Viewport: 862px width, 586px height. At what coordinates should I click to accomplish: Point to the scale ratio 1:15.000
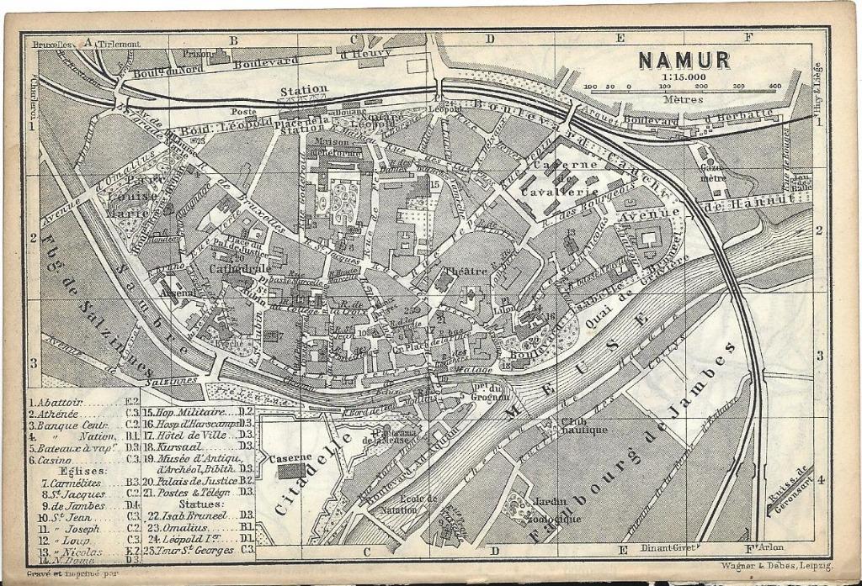coord(683,77)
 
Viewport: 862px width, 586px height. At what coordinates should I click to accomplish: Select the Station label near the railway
coord(304,89)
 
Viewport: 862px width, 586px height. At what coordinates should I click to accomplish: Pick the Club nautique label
coord(584,426)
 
